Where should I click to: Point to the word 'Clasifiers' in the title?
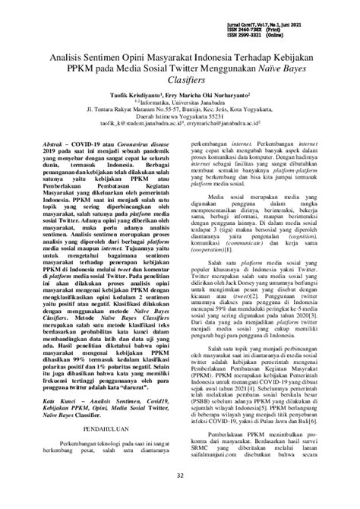179,83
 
